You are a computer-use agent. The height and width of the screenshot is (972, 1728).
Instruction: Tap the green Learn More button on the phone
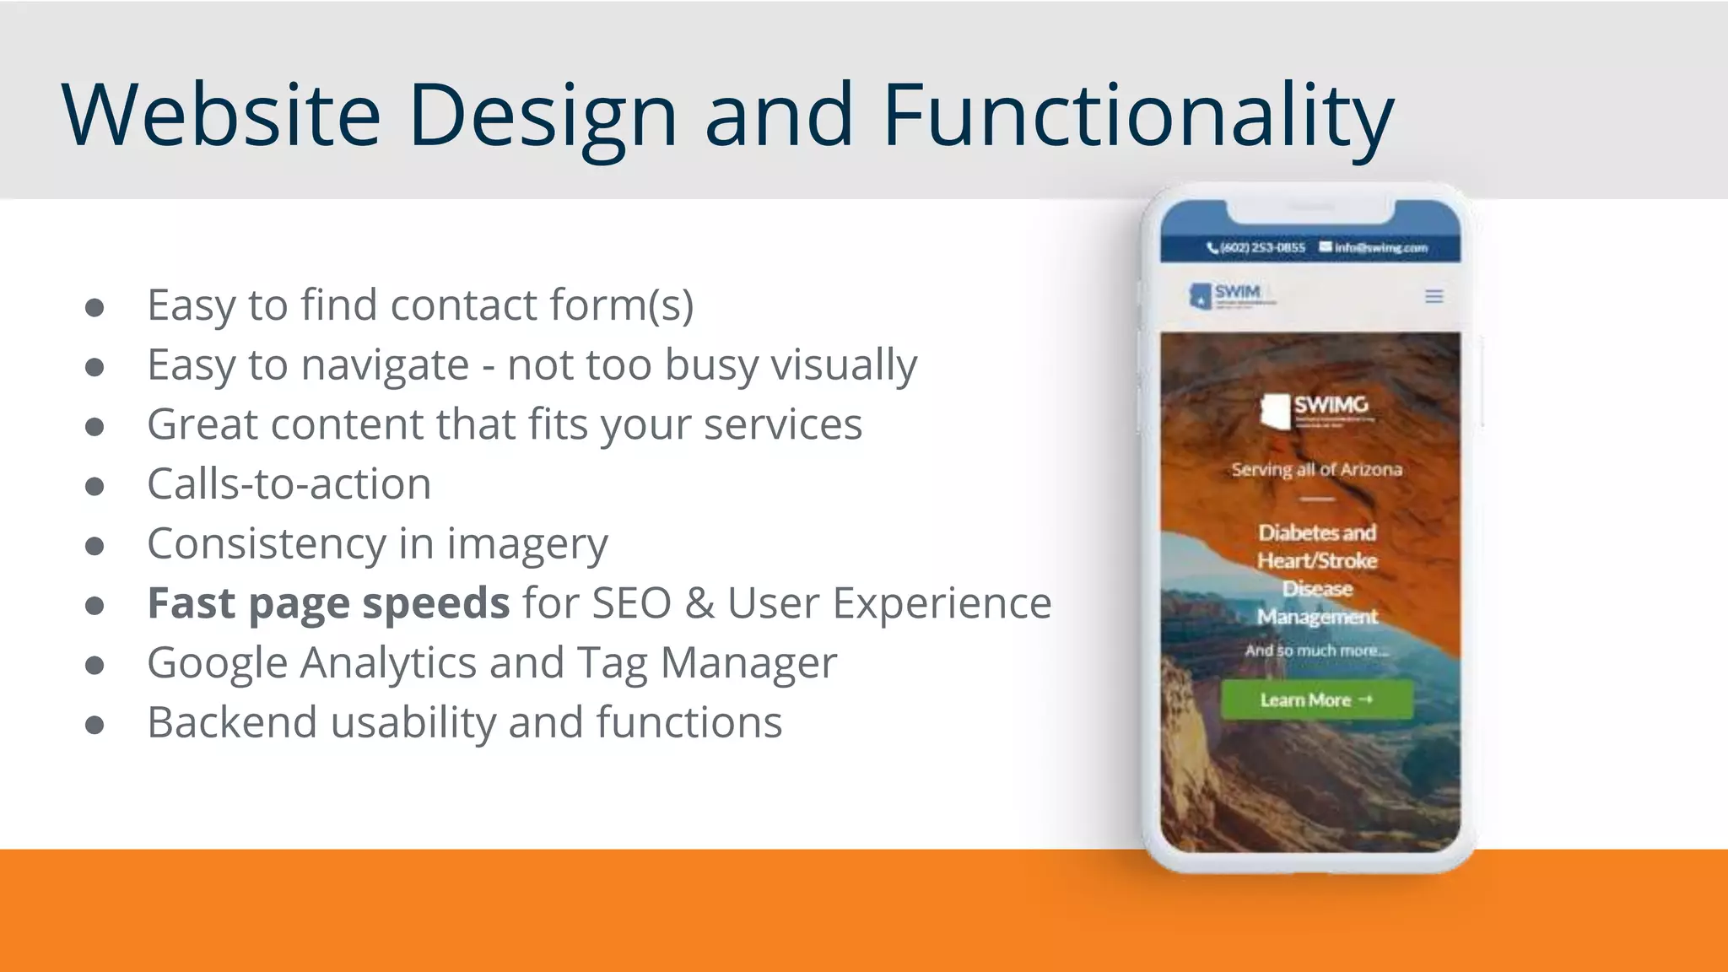pos(1316,700)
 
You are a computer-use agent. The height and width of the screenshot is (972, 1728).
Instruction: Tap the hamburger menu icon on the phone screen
pos(1434,296)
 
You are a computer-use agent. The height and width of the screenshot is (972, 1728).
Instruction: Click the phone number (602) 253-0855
pos(1257,247)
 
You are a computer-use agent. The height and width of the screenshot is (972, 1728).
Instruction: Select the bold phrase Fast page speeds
pos(328,603)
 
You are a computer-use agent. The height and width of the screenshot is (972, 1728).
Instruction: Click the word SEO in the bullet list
pos(631,603)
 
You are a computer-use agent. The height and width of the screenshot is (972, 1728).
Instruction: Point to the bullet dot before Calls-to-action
pos(94,486)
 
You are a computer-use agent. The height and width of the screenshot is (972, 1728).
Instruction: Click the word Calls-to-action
pos(289,484)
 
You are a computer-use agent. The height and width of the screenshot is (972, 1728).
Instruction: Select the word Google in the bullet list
pos(218,663)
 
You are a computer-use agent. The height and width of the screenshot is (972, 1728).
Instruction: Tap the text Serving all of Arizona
pos(1316,469)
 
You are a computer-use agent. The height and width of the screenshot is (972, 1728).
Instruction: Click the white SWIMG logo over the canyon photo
pos(1316,409)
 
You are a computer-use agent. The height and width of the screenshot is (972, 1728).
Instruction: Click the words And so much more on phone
pos(1316,651)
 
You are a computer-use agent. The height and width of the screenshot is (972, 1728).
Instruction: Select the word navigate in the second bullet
pos(385,365)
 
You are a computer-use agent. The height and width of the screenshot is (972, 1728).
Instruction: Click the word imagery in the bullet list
pos(526,544)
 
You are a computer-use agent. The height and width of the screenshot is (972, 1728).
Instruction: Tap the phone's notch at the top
pos(1310,208)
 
